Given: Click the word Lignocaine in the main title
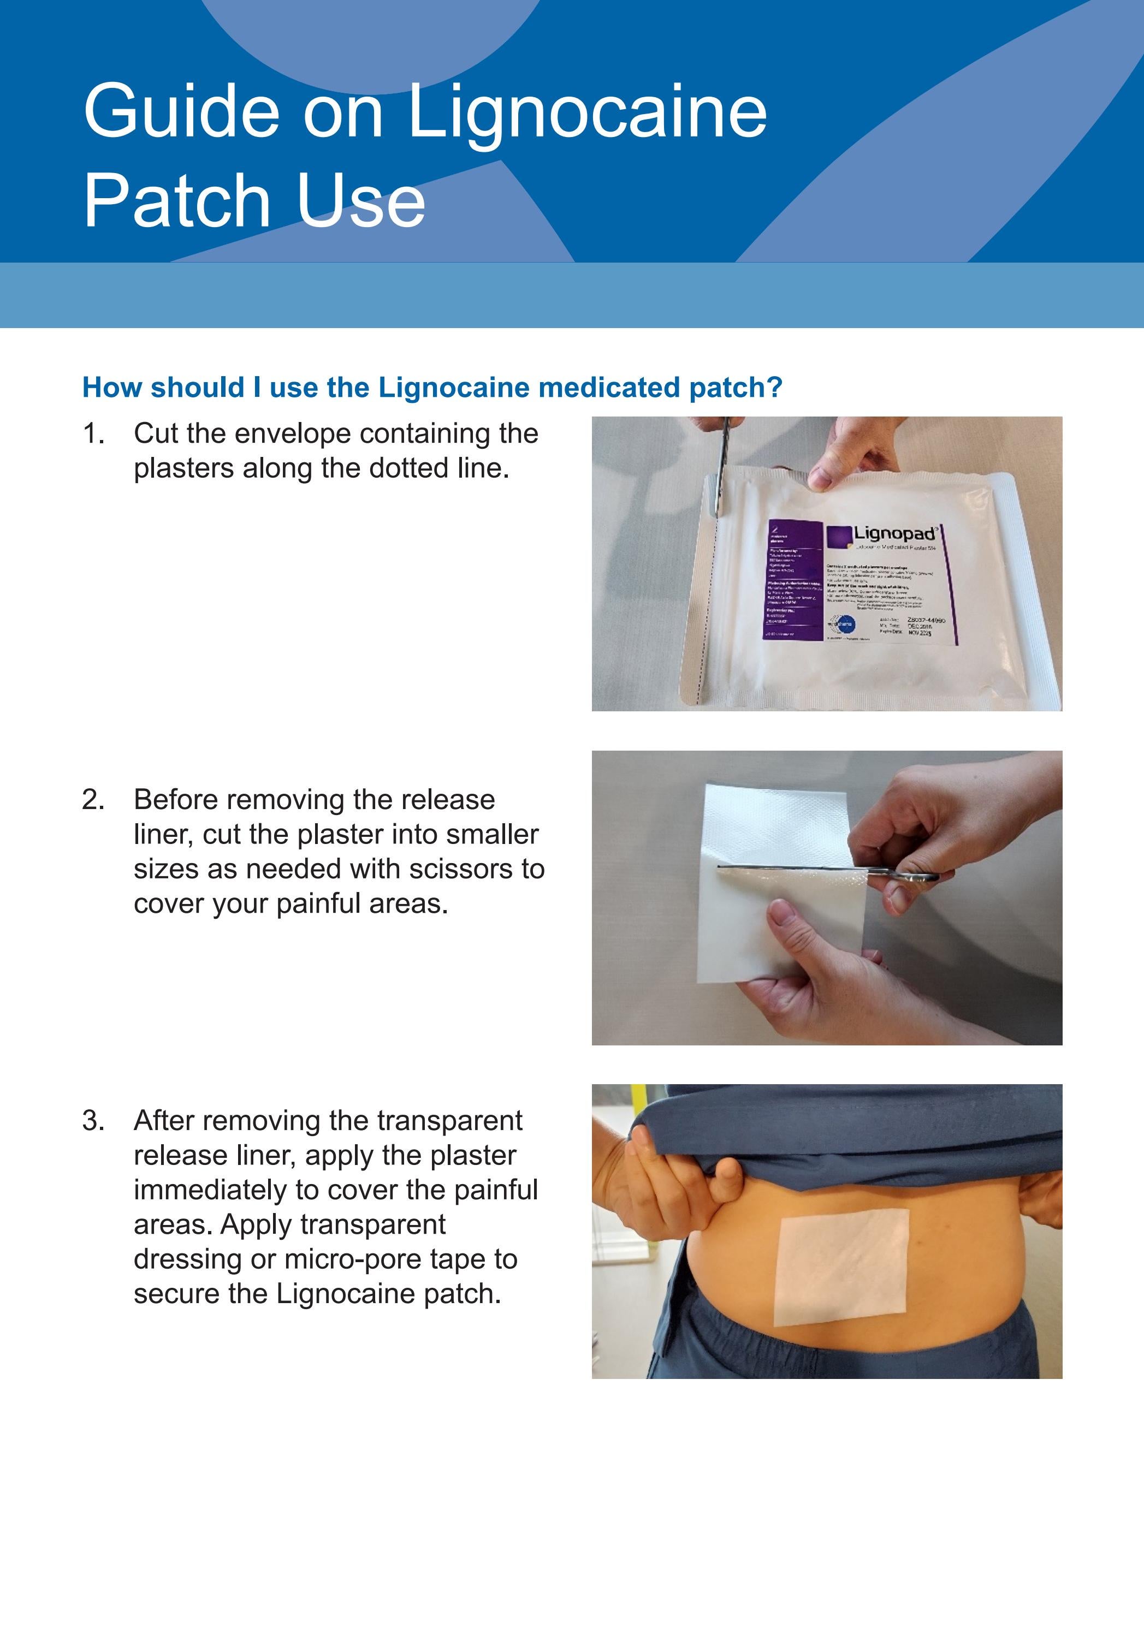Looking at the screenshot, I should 587,112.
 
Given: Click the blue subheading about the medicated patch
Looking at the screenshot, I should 432,388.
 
